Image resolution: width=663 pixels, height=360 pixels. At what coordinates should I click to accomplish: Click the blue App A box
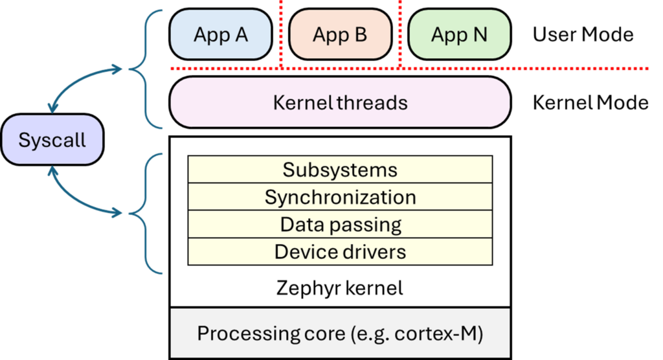(x=220, y=34)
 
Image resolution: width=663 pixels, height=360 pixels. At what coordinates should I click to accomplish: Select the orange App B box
(x=340, y=34)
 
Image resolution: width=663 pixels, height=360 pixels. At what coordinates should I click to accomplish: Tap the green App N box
(x=459, y=34)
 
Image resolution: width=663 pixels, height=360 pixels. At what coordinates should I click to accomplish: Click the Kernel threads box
(x=340, y=102)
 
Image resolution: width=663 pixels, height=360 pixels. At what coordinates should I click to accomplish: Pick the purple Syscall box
(x=52, y=140)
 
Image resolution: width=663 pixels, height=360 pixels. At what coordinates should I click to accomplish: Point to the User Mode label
(x=583, y=34)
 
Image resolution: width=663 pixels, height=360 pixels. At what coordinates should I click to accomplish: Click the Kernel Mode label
(x=590, y=102)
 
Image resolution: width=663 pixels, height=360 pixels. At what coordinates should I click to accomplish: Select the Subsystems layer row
(x=340, y=170)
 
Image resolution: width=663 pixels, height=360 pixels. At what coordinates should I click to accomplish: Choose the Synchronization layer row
(x=340, y=197)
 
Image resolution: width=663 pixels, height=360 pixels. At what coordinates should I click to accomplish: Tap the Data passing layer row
(x=340, y=224)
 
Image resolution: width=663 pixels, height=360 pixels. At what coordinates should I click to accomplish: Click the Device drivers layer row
(x=340, y=251)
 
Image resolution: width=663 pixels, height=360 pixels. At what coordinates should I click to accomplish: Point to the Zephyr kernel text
(x=340, y=287)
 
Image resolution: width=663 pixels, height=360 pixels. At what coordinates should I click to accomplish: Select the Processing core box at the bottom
(x=340, y=334)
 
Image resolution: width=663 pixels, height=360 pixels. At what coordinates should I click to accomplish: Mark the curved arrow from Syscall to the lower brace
(x=74, y=197)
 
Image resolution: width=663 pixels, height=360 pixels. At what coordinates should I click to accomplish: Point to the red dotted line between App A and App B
(x=281, y=32)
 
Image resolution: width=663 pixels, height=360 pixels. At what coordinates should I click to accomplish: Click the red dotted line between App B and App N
(x=400, y=32)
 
